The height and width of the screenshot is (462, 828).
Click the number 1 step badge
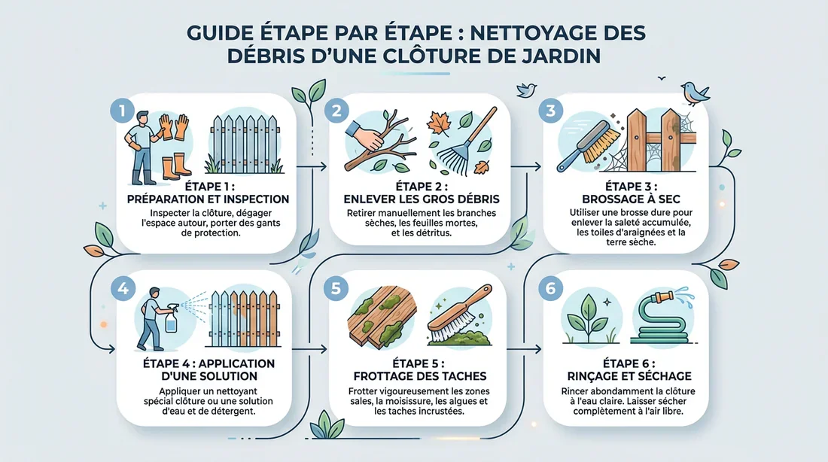(x=120, y=111)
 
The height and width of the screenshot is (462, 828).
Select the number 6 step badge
(x=552, y=287)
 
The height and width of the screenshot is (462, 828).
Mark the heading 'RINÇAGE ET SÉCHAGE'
(x=626, y=375)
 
